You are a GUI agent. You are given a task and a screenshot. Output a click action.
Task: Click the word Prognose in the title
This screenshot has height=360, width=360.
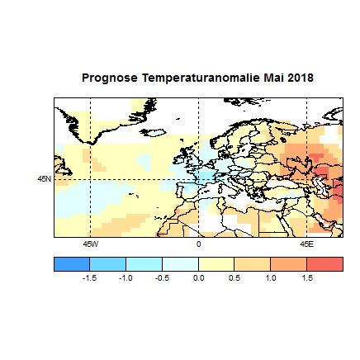(110, 78)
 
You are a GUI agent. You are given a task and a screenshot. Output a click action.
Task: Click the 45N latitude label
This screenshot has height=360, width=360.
(44, 178)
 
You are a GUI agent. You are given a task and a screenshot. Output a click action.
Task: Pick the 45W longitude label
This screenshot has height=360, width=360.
(90, 244)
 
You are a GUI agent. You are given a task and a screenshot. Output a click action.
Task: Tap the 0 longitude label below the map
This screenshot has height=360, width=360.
(198, 244)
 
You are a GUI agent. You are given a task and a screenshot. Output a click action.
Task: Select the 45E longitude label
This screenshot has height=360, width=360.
(306, 244)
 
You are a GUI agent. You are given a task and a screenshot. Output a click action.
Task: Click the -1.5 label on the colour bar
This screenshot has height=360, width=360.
(90, 278)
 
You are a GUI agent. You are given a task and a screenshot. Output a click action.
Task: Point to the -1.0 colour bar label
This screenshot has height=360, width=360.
(126, 278)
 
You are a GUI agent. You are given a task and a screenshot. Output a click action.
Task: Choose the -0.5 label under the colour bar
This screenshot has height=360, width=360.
(162, 278)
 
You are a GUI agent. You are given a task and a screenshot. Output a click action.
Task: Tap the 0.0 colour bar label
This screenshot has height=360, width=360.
(198, 278)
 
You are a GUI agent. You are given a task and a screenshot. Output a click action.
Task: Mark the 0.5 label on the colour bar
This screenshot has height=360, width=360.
(234, 278)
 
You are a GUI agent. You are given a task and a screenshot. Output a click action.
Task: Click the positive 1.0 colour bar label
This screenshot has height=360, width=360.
(270, 278)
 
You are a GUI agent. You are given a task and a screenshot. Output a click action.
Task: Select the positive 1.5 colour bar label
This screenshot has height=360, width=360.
(306, 278)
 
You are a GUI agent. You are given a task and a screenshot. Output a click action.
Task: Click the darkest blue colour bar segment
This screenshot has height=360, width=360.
(72, 263)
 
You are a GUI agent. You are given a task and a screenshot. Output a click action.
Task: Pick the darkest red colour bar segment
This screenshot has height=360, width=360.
(324, 263)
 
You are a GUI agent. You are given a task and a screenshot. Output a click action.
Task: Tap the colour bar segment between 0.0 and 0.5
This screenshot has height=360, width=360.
(216, 263)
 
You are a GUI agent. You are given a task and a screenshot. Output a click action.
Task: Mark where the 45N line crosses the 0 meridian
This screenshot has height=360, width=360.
(198, 178)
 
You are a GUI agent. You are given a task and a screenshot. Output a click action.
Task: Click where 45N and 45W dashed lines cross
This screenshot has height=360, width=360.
(90, 178)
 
